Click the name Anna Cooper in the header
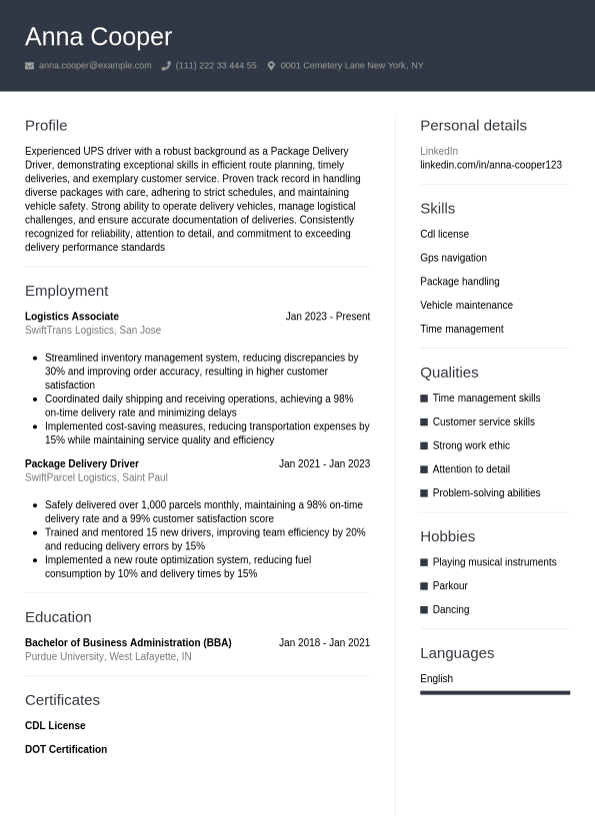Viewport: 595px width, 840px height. [x=98, y=37]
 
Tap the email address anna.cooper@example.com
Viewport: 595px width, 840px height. [x=95, y=66]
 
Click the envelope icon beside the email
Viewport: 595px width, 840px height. [x=30, y=66]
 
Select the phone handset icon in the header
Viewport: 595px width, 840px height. [x=166, y=66]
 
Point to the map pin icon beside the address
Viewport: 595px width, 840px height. [x=271, y=66]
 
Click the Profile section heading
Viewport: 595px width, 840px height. [x=46, y=126]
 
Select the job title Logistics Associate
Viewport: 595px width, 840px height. [x=72, y=317]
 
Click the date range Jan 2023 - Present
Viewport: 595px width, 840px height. [x=327, y=317]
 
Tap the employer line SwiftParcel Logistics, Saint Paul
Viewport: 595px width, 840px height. [x=96, y=477]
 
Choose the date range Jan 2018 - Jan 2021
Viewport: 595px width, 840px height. [x=324, y=643]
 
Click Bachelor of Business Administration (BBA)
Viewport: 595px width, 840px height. [x=128, y=643]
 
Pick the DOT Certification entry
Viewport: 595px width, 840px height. [x=66, y=749]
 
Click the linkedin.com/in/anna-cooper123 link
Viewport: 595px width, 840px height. [x=491, y=165]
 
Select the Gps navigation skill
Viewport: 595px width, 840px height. [x=453, y=258]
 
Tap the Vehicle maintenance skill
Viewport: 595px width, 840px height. [x=466, y=306]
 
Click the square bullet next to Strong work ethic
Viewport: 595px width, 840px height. [x=424, y=445]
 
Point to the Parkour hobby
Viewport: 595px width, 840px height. [x=450, y=586]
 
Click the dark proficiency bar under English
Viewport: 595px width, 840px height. [x=495, y=692]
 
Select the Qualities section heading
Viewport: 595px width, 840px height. [x=449, y=373]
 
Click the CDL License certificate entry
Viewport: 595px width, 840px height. [x=55, y=726]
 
